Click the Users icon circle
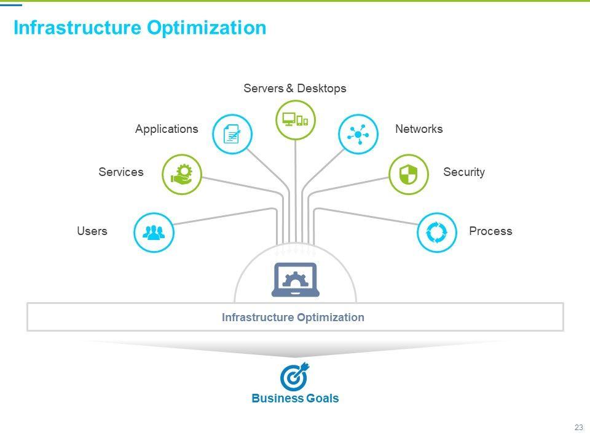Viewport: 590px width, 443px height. tap(154, 232)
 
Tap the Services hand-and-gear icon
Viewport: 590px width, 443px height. tap(182, 174)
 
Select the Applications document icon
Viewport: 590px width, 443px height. tap(232, 134)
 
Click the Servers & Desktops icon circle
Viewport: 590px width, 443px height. tap(296, 119)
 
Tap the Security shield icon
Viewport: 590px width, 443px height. tap(409, 174)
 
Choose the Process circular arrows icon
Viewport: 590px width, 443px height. tap(437, 233)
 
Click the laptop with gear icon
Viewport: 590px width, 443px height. tap(295, 280)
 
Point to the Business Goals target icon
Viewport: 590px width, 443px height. tap(294, 377)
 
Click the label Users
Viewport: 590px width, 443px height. tap(92, 231)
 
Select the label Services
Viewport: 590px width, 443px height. tap(121, 172)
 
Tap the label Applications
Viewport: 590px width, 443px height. tap(167, 129)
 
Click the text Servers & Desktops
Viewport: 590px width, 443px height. tap(295, 89)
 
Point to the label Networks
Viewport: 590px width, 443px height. tap(419, 129)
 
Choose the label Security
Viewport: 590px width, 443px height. tap(464, 172)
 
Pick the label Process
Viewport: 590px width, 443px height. tap(490, 231)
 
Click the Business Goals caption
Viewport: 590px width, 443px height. tap(295, 399)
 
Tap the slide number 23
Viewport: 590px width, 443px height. tap(578, 428)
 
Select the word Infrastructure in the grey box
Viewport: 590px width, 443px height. tap(258, 317)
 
